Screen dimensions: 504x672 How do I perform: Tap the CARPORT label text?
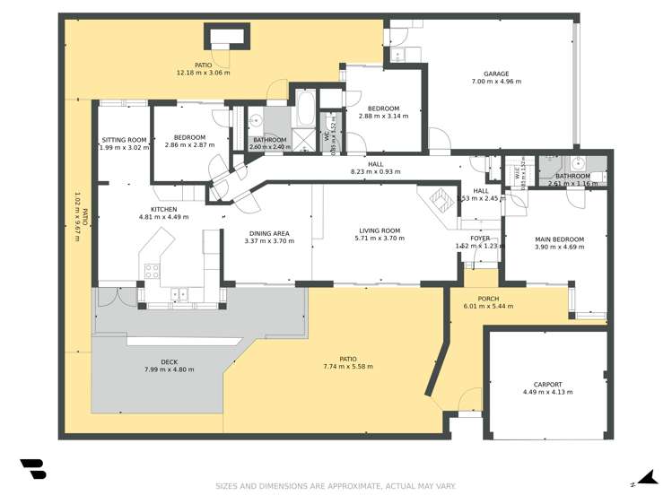click(x=547, y=384)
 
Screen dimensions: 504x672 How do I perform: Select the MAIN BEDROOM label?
click(x=559, y=239)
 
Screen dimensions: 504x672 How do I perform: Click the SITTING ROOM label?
click(x=124, y=140)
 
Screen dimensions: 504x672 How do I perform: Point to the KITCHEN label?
click(x=163, y=208)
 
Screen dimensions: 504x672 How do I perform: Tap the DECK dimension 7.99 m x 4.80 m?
click(x=169, y=369)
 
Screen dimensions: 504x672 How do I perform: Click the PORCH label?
click(x=488, y=299)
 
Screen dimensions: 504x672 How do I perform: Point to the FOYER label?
click(x=480, y=238)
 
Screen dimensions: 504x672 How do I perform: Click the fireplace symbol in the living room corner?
click(x=440, y=199)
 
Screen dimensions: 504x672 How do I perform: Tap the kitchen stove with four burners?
click(x=152, y=269)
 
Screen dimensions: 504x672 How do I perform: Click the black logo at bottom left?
click(x=32, y=469)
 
